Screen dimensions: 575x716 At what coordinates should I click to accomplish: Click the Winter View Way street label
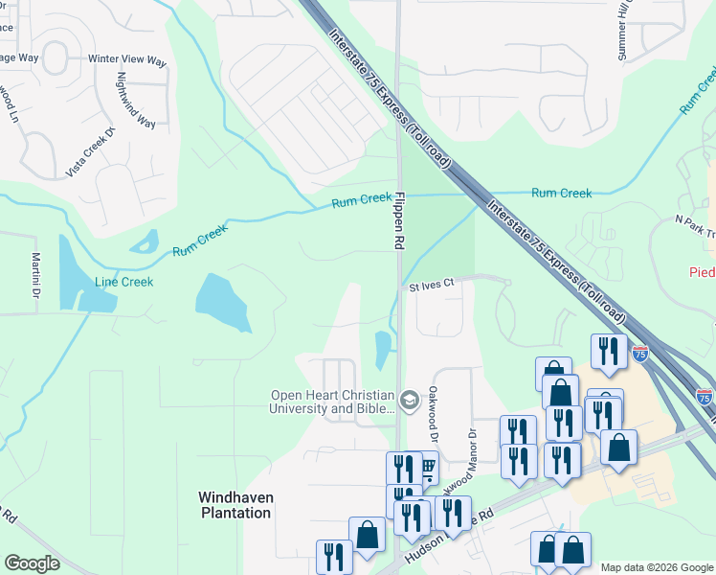(x=127, y=59)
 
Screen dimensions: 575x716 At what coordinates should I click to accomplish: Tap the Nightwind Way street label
(x=135, y=99)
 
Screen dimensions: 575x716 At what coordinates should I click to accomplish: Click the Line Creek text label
(x=123, y=282)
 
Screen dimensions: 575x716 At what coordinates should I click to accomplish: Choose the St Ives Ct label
(x=429, y=285)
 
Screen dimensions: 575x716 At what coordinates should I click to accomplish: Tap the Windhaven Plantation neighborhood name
(x=234, y=504)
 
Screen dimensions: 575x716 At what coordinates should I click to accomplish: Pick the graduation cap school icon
(x=410, y=401)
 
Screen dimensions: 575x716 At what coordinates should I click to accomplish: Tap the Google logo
(x=32, y=563)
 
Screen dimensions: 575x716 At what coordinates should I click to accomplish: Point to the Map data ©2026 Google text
(x=656, y=566)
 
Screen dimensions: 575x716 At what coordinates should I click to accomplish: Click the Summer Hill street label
(x=625, y=30)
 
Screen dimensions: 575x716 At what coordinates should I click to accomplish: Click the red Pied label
(x=703, y=272)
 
